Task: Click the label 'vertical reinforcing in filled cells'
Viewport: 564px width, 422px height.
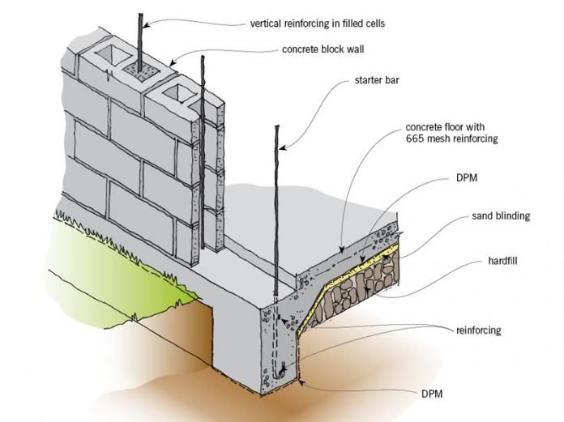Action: (x=329, y=23)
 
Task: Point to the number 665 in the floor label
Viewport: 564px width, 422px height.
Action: (x=416, y=139)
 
